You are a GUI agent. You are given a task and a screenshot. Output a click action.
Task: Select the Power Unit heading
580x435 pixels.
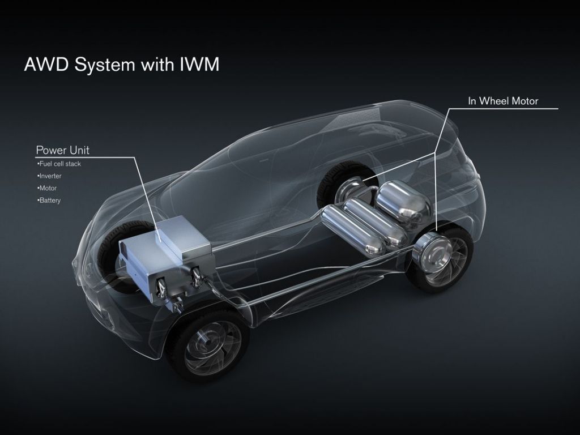coord(62,150)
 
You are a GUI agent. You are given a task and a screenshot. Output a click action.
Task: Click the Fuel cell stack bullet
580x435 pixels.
coord(60,164)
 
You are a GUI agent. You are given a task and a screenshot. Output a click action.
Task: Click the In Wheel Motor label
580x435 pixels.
coord(502,101)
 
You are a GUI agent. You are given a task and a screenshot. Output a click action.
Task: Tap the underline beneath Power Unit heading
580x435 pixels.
coord(85,157)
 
